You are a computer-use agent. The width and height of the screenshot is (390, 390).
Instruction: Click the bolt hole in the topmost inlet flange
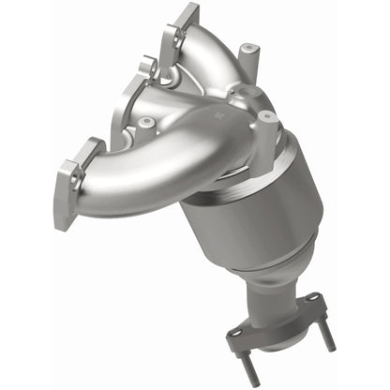coord(172,37)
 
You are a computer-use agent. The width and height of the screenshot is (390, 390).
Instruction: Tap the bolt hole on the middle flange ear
coord(147,70)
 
